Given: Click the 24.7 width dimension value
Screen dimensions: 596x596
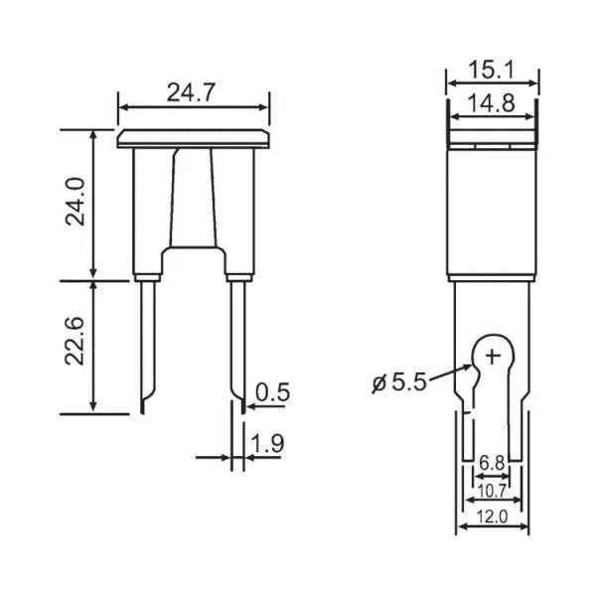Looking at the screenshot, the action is [191, 92].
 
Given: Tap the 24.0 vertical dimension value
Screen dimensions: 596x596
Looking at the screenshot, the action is [74, 202].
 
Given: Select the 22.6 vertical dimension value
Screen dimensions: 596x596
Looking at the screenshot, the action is [74, 341].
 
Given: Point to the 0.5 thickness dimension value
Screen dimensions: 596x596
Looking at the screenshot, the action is [273, 392].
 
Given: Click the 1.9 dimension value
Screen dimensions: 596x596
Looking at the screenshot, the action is [267, 443].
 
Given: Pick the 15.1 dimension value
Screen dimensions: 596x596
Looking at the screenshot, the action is [491, 71].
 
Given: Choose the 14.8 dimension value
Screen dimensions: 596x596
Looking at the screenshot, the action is [491, 103].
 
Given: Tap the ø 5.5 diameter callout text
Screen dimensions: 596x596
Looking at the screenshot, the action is [399, 382].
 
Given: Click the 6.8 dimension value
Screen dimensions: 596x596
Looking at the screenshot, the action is [492, 463].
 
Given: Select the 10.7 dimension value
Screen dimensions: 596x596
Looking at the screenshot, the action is [493, 492].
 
